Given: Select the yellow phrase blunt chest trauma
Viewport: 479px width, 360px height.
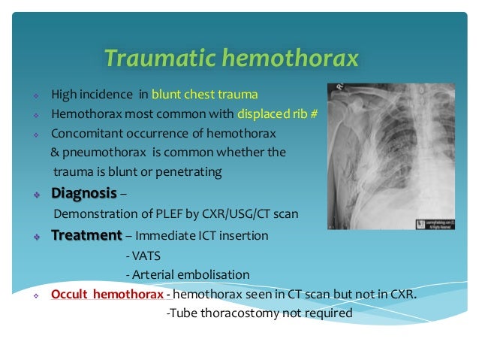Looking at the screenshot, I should pos(204,95).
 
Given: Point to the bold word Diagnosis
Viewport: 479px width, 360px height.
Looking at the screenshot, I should pos(83,193).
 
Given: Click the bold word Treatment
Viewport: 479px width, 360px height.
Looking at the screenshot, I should pos(86,235).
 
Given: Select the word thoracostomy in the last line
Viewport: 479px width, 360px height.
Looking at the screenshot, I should pos(234,313).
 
